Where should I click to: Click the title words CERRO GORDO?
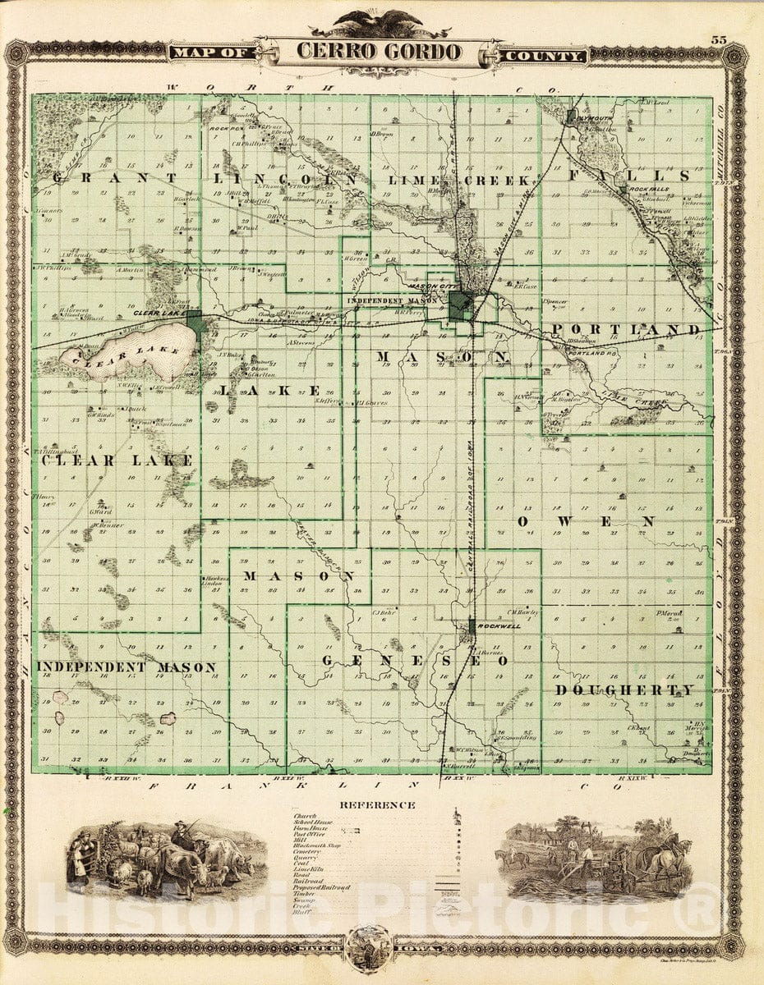[379, 51]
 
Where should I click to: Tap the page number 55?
[719, 40]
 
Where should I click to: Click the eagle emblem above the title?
[380, 22]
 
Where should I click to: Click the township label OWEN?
[586, 521]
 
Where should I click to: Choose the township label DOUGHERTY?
[625, 690]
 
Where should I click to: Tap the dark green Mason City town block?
[460, 307]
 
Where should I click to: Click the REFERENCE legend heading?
[378, 805]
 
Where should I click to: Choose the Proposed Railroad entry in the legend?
[321, 887]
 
